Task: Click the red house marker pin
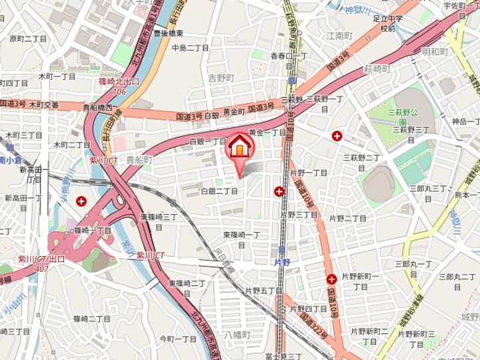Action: point(240,147)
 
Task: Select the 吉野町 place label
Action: point(221,78)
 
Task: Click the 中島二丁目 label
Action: point(190,48)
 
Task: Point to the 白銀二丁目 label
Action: point(219,191)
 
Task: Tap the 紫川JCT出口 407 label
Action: point(43,265)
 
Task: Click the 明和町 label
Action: point(435,51)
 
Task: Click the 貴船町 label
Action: point(139,161)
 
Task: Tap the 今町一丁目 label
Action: point(178,339)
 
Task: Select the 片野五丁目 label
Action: point(263,291)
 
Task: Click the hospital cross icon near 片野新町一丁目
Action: point(331,279)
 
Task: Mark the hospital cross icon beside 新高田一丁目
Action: point(81,201)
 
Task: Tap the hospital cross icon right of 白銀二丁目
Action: point(278,192)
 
